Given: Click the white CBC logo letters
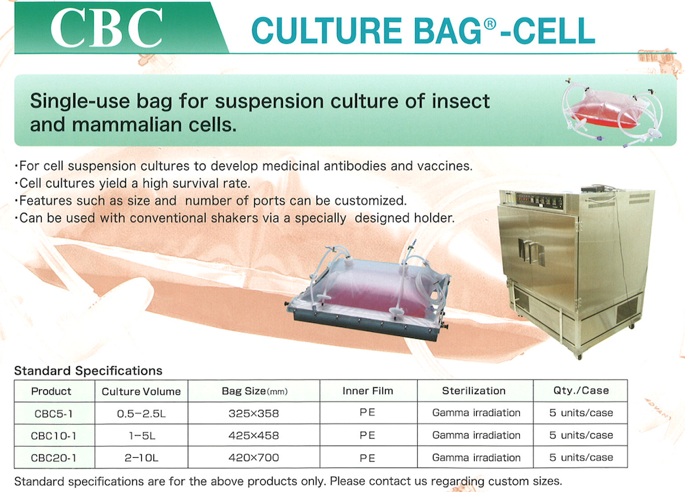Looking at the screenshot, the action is (107, 28).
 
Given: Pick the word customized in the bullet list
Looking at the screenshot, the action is (371, 200).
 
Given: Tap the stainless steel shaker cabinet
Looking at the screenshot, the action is (576, 271).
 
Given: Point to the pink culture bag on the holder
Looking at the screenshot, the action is (372, 290).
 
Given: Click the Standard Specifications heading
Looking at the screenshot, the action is (88, 371).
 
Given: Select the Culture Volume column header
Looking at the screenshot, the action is (141, 391).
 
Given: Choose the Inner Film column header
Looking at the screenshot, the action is (368, 391).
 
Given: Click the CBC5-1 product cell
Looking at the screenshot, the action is (53, 413).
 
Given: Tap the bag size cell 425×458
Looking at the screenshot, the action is (253, 436).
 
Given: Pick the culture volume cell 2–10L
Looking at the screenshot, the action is (142, 458).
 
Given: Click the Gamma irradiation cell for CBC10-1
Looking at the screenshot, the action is (476, 435).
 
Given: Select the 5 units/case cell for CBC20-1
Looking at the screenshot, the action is (581, 458).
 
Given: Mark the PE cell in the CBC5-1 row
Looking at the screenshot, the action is (367, 413).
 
